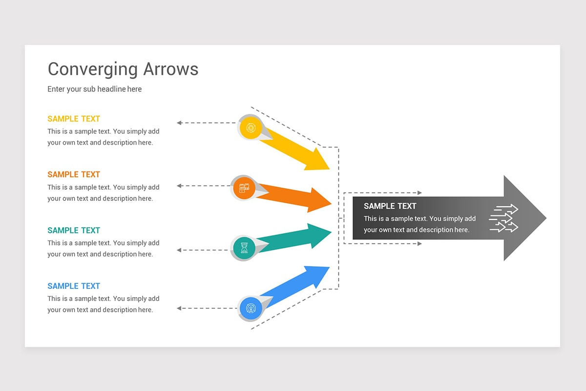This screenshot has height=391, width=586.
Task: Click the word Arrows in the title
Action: (170, 69)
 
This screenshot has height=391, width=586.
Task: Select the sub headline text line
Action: (95, 89)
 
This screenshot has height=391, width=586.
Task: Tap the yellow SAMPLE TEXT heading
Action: (74, 119)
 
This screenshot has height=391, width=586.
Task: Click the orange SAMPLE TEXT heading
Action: (74, 174)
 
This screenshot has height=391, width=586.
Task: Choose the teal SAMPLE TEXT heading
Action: (74, 230)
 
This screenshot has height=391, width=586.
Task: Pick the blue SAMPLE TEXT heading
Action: (74, 286)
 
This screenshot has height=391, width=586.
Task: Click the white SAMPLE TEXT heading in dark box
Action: (390, 206)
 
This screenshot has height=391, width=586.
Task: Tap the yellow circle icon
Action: (251, 128)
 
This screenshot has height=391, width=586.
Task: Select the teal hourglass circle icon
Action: (244, 248)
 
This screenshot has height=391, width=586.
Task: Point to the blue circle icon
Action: (251, 308)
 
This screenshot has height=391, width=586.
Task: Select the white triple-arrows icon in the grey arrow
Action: (503, 218)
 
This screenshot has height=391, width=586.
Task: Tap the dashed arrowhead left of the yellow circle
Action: (179, 123)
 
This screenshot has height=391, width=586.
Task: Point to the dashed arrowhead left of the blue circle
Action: (179, 308)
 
